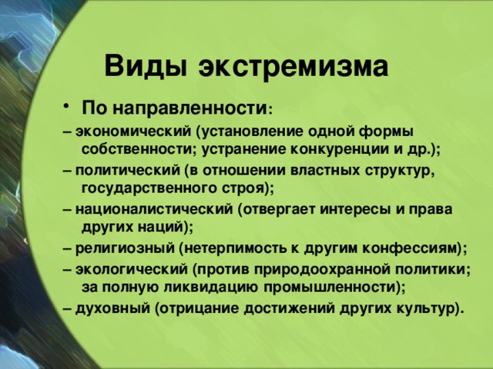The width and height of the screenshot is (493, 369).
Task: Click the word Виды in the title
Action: click(146, 65)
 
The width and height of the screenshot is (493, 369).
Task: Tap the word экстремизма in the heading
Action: click(293, 67)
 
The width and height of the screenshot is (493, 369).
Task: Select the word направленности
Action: click(189, 108)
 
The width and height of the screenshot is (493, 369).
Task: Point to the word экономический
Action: click(133, 131)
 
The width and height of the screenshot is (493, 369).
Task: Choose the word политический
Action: click(128, 171)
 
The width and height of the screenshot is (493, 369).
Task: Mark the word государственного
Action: click(149, 188)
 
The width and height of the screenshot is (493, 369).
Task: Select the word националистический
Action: click(154, 209)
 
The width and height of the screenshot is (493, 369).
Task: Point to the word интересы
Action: click(355, 209)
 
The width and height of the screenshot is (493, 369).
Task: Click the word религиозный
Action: click(125, 248)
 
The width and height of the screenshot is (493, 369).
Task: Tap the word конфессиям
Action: click(409, 248)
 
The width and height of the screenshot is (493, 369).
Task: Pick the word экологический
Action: click(132, 269)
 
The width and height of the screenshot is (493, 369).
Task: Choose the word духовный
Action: click(113, 308)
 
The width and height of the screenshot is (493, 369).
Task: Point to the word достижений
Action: click(289, 308)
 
